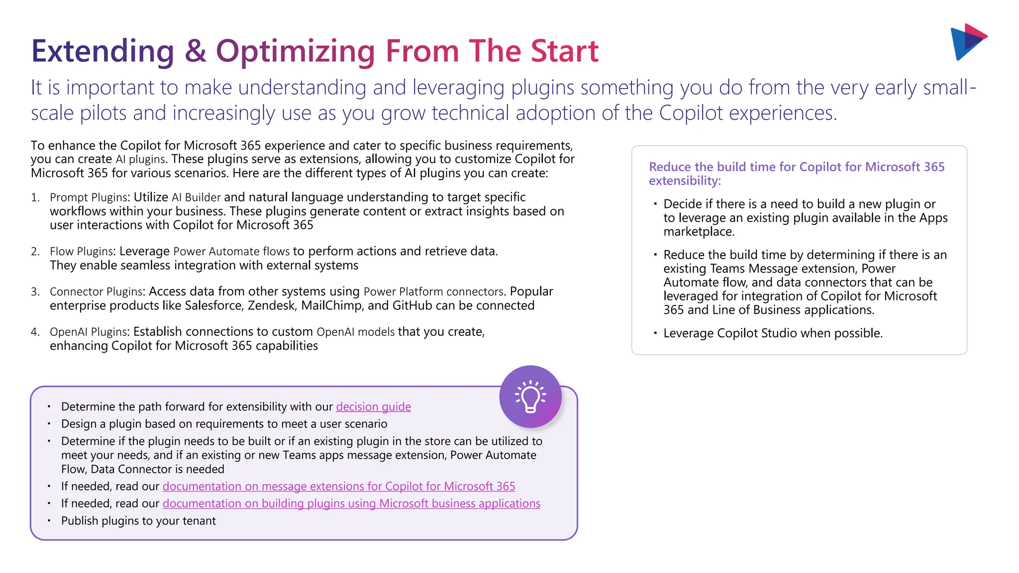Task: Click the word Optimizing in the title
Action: tap(295, 51)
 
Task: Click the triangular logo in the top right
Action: tap(967, 42)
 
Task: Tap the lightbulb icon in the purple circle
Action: tap(530, 397)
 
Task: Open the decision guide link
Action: tap(373, 407)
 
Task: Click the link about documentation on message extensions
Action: tap(338, 486)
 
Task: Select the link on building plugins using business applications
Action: tap(351, 504)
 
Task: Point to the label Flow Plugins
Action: tap(82, 252)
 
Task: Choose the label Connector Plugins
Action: tap(97, 292)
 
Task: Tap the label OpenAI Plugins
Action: tap(89, 332)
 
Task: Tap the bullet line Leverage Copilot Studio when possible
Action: tap(773, 333)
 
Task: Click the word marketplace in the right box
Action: tap(699, 232)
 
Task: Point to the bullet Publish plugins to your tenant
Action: tap(138, 521)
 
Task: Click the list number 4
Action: tap(34, 332)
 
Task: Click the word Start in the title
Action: tap(564, 51)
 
